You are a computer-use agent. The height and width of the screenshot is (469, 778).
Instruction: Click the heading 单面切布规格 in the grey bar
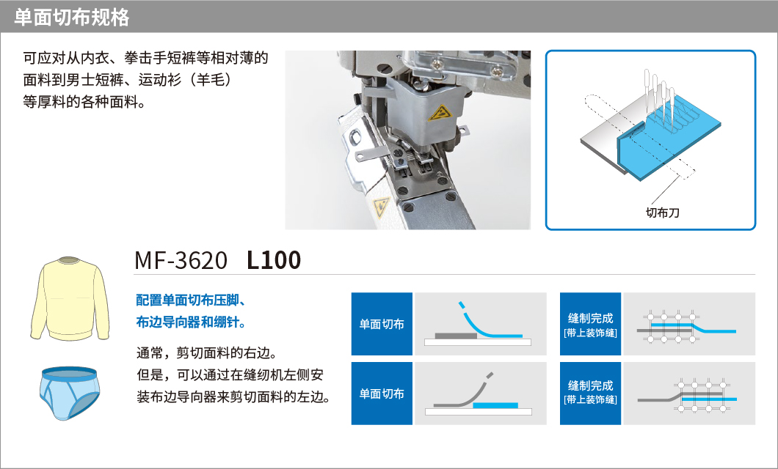tap(72, 18)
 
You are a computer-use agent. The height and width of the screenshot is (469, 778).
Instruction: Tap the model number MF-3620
tap(181, 260)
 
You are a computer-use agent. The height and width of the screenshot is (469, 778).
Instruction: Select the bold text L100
tap(274, 260)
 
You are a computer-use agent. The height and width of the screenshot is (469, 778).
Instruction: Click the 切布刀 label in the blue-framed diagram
tap(662, 213)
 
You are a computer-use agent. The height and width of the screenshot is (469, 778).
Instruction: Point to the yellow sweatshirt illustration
tap(70, 298)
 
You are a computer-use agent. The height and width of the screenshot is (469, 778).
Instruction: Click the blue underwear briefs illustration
tap(69, 394)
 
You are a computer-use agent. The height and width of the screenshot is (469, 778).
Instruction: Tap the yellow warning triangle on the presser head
tap(440, 113)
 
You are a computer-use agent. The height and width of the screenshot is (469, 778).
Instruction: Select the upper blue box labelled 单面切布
tap(382, 324)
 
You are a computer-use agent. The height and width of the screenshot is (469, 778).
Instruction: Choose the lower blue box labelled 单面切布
tap(382, 394)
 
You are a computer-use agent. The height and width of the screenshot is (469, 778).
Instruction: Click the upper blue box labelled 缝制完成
tap(590, 324)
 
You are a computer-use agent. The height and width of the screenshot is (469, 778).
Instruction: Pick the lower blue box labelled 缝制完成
tap(590, 394)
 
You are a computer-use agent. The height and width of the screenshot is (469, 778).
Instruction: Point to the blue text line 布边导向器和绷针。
tap(191, 322)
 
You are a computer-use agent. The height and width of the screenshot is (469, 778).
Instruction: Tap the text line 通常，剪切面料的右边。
tap(207, 353)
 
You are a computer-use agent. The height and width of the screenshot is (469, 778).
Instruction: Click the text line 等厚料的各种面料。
tap(84, 102)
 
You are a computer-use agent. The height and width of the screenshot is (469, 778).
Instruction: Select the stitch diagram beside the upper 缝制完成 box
tap(689, 324)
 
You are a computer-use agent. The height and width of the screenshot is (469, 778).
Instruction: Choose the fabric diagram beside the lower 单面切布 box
tap(480, 394)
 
